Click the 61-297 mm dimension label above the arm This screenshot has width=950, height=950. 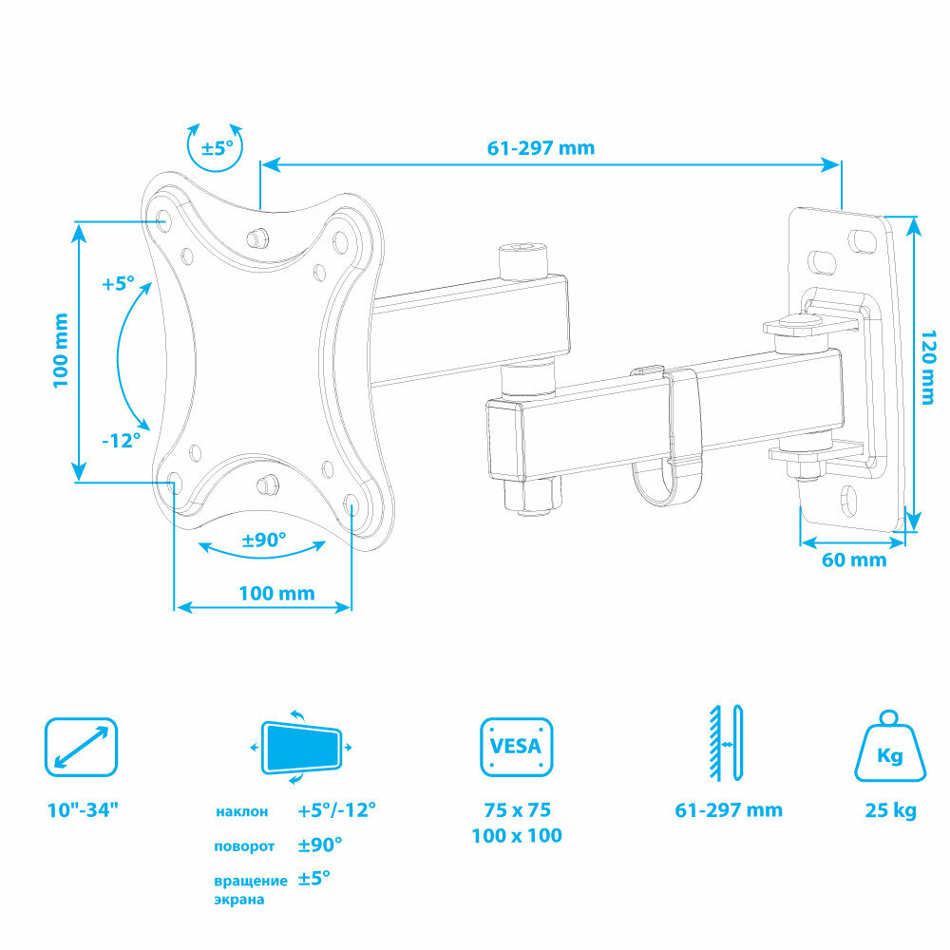pyautogui.click(x=541, y=147)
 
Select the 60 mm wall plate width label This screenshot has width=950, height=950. pyautogui.click(x=853, y=560)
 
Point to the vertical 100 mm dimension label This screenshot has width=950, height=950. pyautogui.click(x=60, y=349)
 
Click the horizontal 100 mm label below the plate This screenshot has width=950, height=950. pyautogui.click(x=275, y=594)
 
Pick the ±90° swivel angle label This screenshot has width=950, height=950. pyautogui.click(x=263, y=540)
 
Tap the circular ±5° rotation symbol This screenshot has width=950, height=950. pyautogui.click(x=217, y=147)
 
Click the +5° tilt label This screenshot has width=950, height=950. pyautogui.click(x=119, y=283)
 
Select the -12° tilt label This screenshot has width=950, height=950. pyautogui.click(x=121, y=441)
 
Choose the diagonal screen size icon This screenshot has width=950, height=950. pyautogui.click(x=82, y=747)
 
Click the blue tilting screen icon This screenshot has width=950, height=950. pyautogui.click(x=301, y=747)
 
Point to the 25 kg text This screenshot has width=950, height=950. pyautogui.click(x=890, y=810)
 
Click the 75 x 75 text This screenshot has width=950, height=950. pyautogui.click(x=517, y=810)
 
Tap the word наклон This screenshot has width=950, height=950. pyautogui.click(x=241, y=812)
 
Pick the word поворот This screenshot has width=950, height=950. pyautogui.click(x=244, y=845)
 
